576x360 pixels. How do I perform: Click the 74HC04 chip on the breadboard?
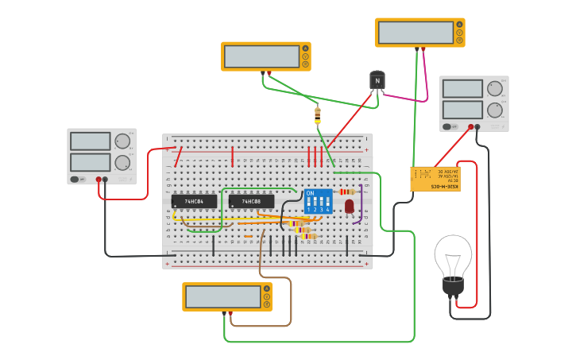point(194,202)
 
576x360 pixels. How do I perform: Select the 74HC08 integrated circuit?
point(251,202)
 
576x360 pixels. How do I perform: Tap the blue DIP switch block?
point(318,201)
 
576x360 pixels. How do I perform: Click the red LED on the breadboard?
point(349,206)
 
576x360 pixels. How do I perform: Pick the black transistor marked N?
point(377,81)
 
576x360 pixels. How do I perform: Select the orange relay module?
point(435,179)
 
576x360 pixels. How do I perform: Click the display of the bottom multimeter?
point(222,297)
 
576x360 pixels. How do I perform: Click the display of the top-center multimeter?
point(261,56)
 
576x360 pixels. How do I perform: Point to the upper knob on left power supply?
point(122,141)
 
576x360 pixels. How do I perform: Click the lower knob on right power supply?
point(495,110)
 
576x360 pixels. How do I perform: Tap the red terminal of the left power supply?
point(99,180)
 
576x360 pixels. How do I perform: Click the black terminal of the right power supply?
point(477,126)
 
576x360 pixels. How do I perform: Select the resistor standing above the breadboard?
point(318,115)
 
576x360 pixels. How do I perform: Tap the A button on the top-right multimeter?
point(458,25)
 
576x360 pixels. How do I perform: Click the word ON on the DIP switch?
point(310,193)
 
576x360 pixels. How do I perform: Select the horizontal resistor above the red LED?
point(346,192)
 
